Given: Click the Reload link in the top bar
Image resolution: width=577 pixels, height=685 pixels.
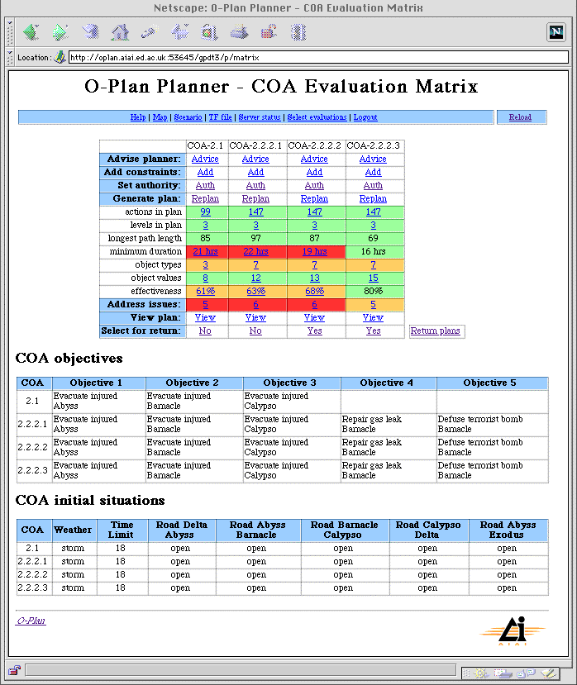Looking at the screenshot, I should (x=520, y=117).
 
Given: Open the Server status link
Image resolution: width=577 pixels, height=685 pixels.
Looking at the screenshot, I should (x=260, y=117).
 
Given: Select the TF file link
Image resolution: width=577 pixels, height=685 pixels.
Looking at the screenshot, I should (x=220, y=117).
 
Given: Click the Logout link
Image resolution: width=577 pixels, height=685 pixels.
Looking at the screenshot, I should (x=365, y=117).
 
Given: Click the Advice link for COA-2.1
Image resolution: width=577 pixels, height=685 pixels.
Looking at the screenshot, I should (x=205, y=159).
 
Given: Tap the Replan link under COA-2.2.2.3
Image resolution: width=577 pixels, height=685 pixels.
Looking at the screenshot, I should (x=373, y=198).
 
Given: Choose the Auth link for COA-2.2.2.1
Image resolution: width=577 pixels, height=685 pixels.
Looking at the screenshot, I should (x=255, y=185).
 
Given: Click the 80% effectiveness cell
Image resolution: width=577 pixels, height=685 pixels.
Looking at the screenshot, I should (x=373, y=291).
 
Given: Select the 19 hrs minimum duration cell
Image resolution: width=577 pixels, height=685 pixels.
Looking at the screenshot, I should (x=314, y=251).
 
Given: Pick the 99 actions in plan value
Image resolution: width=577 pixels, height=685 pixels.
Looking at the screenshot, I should (x=205, y=212).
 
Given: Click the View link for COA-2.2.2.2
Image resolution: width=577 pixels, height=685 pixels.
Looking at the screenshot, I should (x=314, y=317).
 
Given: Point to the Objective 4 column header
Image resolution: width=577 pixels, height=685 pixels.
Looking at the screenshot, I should (x=388, y=383).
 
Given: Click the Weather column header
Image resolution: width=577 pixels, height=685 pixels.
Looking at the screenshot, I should (x=73, y=530).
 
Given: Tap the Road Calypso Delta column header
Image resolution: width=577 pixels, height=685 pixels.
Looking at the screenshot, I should (x=427, y=530).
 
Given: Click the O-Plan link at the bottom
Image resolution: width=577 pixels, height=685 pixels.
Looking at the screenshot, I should (x=31, y=621).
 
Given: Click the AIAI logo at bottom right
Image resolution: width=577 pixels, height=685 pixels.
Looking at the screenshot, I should (x=512, y=633).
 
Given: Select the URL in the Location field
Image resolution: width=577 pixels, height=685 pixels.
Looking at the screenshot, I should (x=165, y=58).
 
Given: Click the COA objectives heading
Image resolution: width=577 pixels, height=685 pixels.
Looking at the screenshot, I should (x=69, y=359).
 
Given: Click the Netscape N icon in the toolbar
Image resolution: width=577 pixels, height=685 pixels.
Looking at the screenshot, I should (x=556, y=32).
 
